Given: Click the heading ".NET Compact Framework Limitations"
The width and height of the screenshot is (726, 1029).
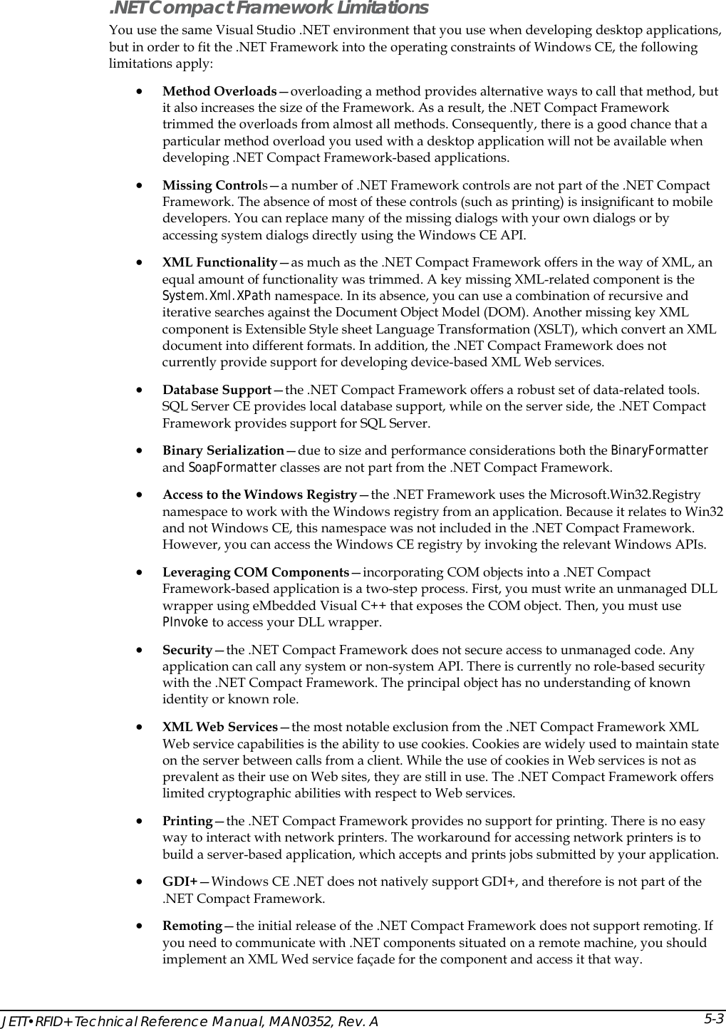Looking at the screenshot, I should pos(268,9).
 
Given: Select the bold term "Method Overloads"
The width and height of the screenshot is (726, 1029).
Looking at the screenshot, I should pos(219,91).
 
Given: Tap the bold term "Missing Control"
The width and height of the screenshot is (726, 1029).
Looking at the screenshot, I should pos(212,185).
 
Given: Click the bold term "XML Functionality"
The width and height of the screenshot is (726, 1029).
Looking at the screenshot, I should pos(219,262).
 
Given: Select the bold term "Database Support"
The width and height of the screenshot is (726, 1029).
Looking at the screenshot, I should pos(217,390).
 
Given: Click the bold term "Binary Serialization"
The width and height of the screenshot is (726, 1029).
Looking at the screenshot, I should pos(223,450).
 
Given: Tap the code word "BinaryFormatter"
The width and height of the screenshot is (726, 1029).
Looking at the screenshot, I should pos(660,450).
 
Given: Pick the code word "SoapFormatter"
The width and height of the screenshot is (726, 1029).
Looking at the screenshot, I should pos(232,467).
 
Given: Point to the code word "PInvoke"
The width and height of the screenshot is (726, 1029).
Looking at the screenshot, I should pos(185,622).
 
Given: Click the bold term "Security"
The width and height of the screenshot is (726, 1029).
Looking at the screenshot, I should pos(187,650).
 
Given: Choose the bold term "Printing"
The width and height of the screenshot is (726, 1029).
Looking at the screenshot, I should pos(187,821).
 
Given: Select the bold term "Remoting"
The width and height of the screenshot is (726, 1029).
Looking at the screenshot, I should pos(192,926).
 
